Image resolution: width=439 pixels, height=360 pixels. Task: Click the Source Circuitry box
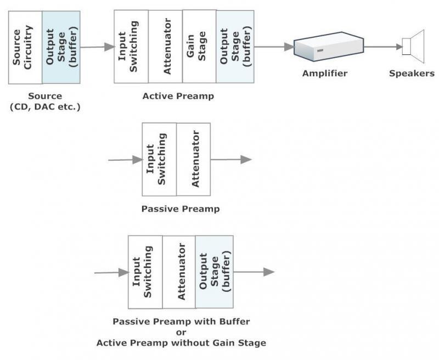[25, 47]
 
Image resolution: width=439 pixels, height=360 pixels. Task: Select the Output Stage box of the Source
[61, 47]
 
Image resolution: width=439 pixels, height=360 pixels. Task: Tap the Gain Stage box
[199, 46]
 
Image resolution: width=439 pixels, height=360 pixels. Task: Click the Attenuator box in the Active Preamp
[165, 46]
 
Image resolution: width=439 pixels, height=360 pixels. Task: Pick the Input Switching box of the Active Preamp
[131, 46]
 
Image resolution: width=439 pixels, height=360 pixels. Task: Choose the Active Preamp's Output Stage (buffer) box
[235, 46]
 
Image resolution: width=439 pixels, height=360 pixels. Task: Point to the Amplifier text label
[325, 73]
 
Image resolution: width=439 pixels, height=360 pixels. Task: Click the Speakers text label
[412, 73]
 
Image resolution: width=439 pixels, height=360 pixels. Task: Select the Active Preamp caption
[178, 96]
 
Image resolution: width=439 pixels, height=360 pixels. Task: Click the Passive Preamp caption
[181, 209]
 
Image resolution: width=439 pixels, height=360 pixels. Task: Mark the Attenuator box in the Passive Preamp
[193, 159]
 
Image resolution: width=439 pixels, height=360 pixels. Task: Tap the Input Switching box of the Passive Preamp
[159, 159]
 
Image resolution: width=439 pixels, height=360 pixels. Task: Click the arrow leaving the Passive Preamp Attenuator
[231, 160]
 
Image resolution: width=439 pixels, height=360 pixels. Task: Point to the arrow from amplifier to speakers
[382, 47]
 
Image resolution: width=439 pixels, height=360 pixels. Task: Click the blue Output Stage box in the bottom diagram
[214, 272]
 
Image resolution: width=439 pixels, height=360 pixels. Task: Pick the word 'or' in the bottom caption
[181, 332]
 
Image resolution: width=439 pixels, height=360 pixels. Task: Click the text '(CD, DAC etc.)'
[45, 106]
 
